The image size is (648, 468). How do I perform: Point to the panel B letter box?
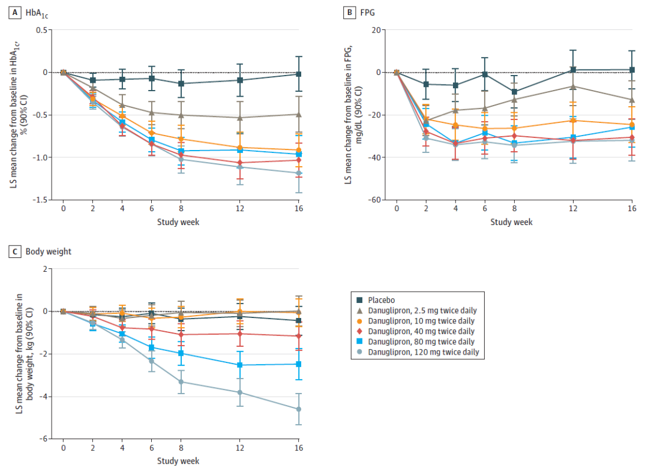pyautogui.click(x=347, y=13)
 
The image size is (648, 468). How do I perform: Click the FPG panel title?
pyautogui.click(x=367, y=13)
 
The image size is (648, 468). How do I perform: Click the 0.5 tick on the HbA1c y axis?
pyautogui.click(x=42, y=29)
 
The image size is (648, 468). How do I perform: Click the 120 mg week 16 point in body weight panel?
pyautogui.click(x=299, y=409)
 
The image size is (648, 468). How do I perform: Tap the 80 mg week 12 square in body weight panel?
pyautogui.click(x=240, y=365)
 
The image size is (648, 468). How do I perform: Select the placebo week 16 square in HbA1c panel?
pyautogui.click(x=299, y=74)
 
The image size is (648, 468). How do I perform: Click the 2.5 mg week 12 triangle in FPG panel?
pyautogui.click(x=573, y=86)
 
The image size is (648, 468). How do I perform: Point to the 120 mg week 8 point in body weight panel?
pyautogui.click(x=181, y=382)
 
